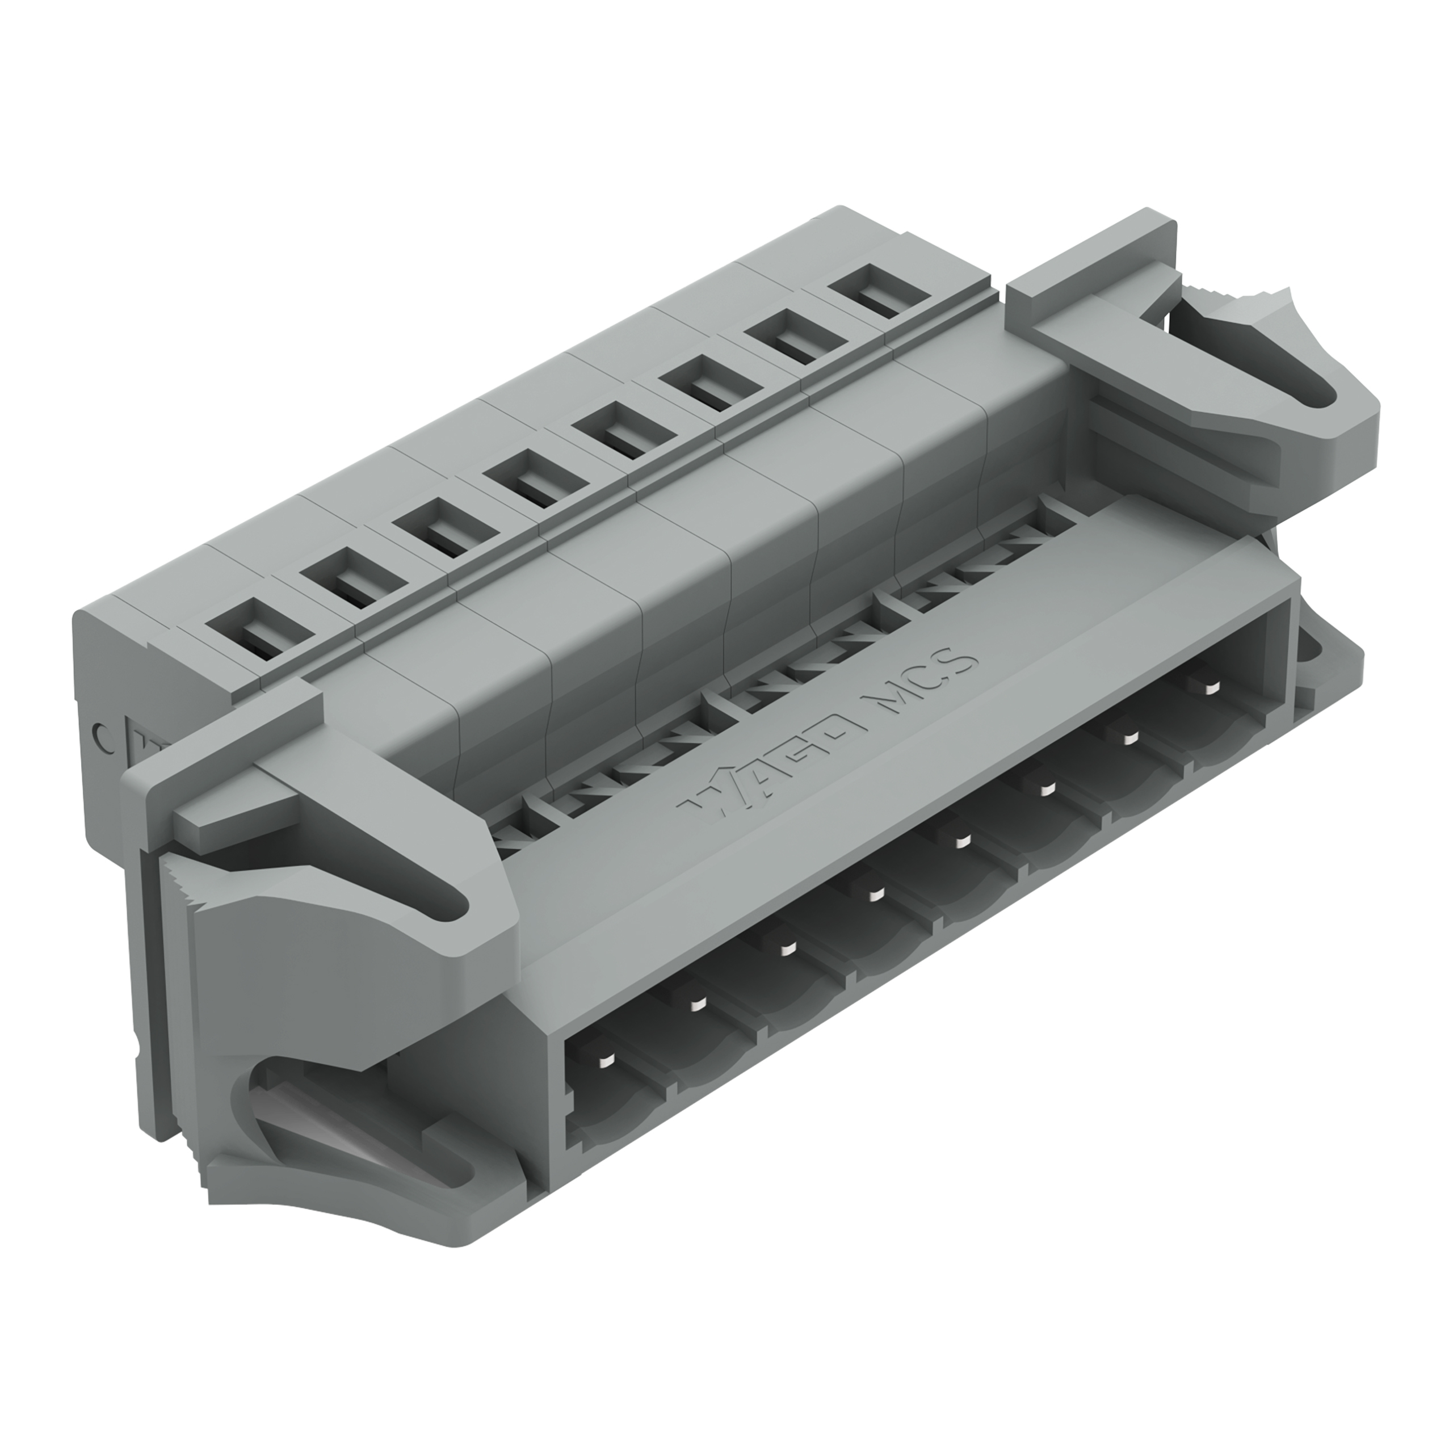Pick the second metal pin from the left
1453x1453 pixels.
click(696, 1006)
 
